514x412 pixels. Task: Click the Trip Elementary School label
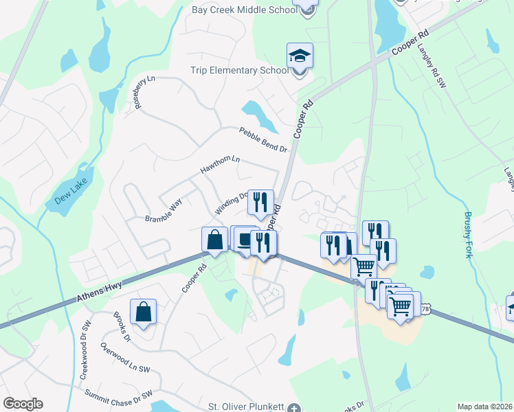click(240, 71)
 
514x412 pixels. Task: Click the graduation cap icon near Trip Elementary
click(300, 56)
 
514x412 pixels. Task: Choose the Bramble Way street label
click(164, 211)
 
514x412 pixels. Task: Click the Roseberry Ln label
click(142, 92)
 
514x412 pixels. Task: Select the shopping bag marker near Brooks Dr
click(143, 312)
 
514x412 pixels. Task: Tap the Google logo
click(23, 404)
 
